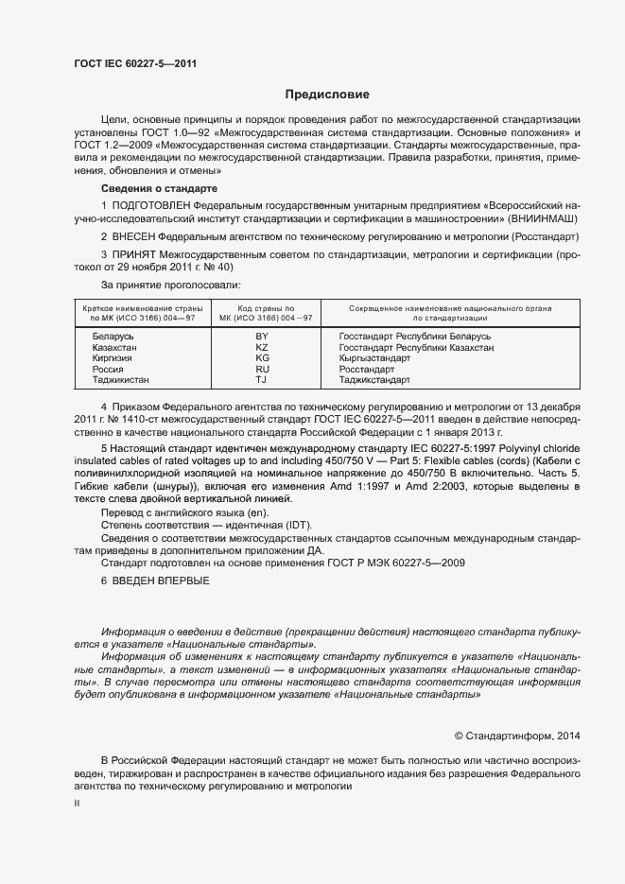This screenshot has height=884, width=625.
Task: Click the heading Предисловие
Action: pyautogui.click(x=327, y=95)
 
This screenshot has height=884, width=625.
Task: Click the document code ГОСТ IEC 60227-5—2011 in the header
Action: pyautogui.click(x=135, y=64)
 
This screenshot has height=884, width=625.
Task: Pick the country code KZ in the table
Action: pyautogui.click(x=263, y=348)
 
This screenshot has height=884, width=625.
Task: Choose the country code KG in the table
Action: pyautogui.click(x=263, y=358)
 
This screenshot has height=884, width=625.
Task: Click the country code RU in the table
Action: pyautogui.click(x=263, y=370)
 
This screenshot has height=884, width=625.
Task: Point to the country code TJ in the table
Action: pyautogui.click(x=263, y=380)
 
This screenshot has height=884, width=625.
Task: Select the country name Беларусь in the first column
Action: pyautogui.click(x=113, y=337)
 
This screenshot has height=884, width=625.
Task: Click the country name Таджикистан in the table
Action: pyautogui.click(x=120, y=380)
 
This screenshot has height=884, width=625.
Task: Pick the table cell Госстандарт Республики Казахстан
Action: pyautogui.click(x=417, y=348)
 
